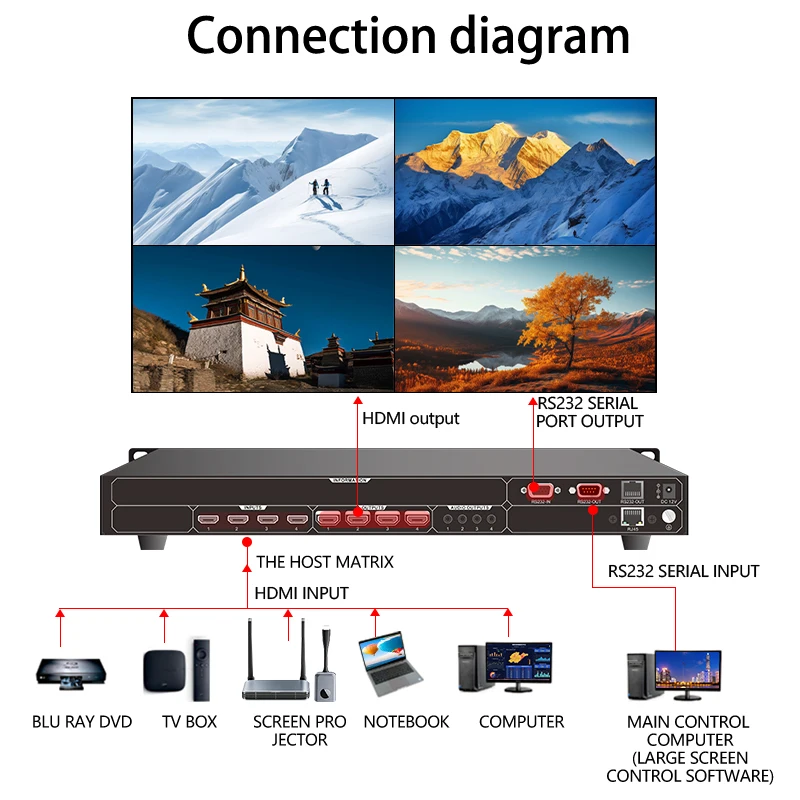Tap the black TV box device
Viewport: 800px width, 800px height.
tap(164, 669)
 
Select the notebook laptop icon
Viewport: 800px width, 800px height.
tap(391, 664)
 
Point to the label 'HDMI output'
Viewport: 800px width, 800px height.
tap(410, 419)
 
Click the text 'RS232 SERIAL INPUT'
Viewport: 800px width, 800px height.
tap(683, 571)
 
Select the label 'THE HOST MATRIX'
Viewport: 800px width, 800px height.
tap(325, 562)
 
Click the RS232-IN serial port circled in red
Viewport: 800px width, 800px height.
tap(541, 491)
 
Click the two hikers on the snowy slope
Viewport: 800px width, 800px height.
tap(319, 187)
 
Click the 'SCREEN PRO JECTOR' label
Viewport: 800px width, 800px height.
tap(299, 731)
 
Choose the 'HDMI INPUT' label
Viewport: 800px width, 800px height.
tap(301, 593)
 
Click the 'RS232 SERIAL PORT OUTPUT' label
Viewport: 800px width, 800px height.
tap(590, 412)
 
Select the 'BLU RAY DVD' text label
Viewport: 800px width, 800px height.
tap(82, 722)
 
